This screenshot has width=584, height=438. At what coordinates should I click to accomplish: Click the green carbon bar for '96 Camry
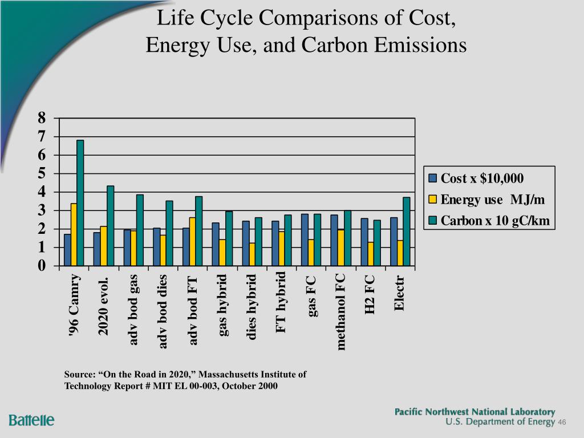pos(80,203)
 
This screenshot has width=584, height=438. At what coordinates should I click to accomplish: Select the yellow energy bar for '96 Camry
pos(74,234)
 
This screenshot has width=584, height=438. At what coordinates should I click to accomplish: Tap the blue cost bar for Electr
pos(394,242)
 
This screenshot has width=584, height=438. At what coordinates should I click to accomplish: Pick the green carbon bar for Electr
pos(407,232)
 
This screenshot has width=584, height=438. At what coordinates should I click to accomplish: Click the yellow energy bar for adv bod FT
pos(192,242)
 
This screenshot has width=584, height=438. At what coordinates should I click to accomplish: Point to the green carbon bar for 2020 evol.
pos(110,226)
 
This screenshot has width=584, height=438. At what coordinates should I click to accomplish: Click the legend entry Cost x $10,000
pos(482,178)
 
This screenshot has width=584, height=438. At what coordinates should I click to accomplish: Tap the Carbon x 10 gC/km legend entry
pos(495,221)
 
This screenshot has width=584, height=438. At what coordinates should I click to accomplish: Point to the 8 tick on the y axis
pos(42,118)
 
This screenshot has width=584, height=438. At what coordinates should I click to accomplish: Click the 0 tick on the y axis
pos(42,266)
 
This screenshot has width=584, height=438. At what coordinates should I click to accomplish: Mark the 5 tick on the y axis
pos(42,173)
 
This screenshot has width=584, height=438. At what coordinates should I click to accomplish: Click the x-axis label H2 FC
pos(370,294)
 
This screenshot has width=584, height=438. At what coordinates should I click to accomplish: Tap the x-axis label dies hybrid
pos(252,307)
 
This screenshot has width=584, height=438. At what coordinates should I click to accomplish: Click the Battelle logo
pos(31,420)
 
